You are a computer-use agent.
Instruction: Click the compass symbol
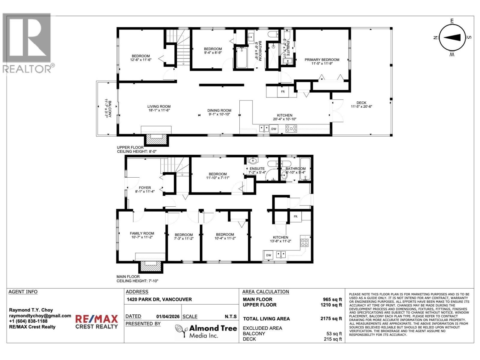452,37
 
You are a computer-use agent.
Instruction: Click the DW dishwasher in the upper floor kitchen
274,129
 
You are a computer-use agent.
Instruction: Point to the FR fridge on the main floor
295,217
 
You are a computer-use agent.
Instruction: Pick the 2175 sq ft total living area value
331,319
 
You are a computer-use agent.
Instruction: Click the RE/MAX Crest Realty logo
96,322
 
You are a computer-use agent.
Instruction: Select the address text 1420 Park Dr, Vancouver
159,299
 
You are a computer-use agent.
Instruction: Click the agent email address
40,316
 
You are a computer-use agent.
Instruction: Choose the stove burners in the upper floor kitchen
291,129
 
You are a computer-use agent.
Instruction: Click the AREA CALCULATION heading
265,292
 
